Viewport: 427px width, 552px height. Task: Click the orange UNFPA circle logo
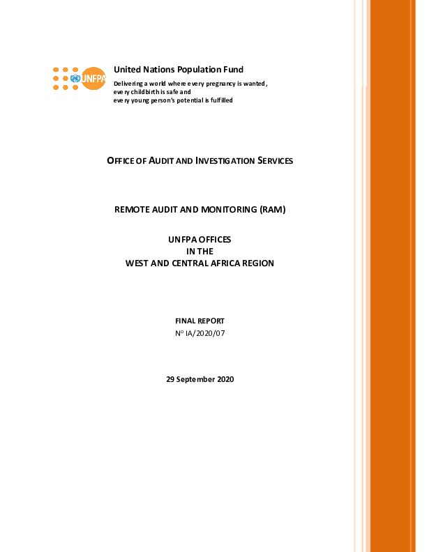coord(93,78)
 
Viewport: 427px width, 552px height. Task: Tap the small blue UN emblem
coord(75,79)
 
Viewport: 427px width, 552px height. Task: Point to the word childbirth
coord(145,92)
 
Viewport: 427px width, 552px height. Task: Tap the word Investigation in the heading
coord(225,160)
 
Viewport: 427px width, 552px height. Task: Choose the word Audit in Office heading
coord(161,160)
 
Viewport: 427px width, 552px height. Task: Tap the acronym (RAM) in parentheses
coord(273,210)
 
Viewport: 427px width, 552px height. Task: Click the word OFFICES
coord(215,240)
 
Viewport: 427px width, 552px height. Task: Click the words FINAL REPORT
coord(200,321)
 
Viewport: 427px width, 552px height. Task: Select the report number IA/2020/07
coord(205,333)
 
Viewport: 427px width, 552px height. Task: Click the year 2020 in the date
coord(225,379)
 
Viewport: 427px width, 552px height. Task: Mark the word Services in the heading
coord(275,160)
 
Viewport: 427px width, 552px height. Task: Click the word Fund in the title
coord(233,70)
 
